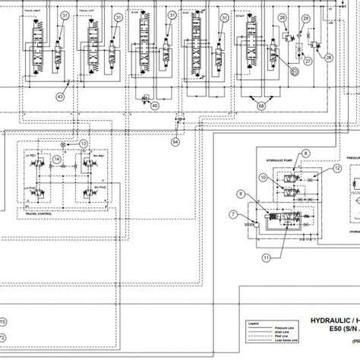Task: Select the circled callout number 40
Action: tap(155, 106)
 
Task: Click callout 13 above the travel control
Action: tap(84, 144)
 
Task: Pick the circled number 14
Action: tap(57, 159)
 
